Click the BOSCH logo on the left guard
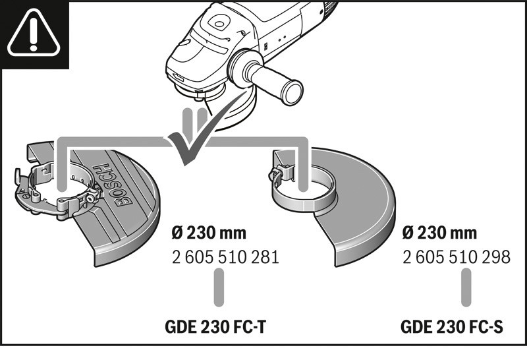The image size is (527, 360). point(115,185)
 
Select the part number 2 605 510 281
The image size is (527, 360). point(225,257)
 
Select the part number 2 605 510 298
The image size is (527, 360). point(457,257)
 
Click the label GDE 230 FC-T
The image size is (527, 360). point(215,326)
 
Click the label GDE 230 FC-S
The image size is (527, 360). point(452,326)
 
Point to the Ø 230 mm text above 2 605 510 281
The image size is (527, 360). point(209,233)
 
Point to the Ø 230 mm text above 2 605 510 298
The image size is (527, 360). point(439,233)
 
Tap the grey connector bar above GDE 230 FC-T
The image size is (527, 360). point(219,287)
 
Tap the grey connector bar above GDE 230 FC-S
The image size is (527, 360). point(466,287)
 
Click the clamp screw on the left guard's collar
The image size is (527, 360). point(90,198)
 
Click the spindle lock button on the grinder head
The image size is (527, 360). point(219,24)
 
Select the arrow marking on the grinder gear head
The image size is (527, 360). point(178,77)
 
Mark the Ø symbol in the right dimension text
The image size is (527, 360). point(408,233)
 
